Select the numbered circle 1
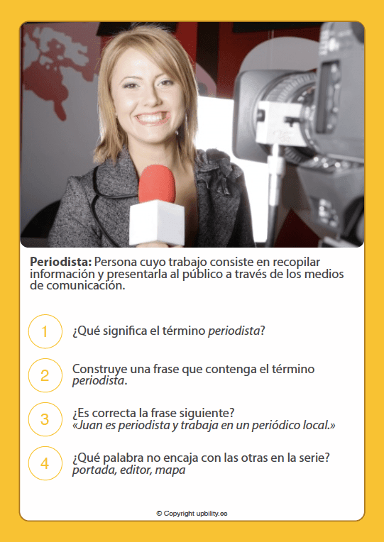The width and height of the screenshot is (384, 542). tap(45, 331)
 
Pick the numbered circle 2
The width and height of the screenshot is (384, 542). tap(45, 375)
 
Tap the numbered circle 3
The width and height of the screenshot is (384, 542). tap(45, 419)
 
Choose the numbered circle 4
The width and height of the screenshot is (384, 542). tap(45, 463)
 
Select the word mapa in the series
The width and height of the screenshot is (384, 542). tap(170, 470)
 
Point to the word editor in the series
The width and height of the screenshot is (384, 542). tap(134, 470)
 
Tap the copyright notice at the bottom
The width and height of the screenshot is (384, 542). tap(192, 513)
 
